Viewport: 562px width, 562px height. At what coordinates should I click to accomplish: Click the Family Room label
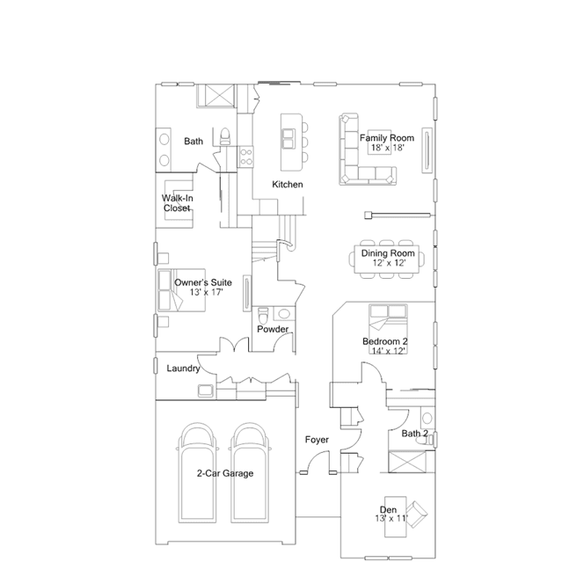coord(387,138)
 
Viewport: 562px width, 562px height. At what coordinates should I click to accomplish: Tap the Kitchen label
coord(288,184)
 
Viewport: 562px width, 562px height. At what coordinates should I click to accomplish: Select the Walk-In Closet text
coord(177,203)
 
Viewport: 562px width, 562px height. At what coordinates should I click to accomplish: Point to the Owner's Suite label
coord(203,282)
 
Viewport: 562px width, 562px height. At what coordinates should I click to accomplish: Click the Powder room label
coord(273,329)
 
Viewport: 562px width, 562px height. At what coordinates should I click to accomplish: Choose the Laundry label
coord(183,369)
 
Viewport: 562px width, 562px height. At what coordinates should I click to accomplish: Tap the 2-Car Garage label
coord(225,473)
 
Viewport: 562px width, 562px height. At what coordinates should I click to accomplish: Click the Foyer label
coord(317,440)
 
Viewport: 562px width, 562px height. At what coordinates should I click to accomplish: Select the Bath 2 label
coord(415,434)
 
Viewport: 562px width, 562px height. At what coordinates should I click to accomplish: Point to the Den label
coord(388,509)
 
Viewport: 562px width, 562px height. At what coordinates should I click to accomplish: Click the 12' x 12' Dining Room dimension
coord(389,263)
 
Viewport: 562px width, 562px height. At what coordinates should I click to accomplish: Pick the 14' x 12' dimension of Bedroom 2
coord(389,351)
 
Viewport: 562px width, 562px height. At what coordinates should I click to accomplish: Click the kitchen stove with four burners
coord(246,157)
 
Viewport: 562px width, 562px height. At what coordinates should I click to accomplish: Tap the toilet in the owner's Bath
coord(225,136)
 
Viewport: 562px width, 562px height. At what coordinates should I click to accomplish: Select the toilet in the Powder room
coord(263,315)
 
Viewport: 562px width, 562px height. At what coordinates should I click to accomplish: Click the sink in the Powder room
coord(284,314)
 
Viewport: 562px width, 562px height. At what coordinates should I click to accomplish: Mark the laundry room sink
coord(206,390)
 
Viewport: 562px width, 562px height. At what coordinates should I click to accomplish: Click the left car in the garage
coord(198,473)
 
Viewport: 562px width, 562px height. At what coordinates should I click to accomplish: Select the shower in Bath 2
coord(407,462)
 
